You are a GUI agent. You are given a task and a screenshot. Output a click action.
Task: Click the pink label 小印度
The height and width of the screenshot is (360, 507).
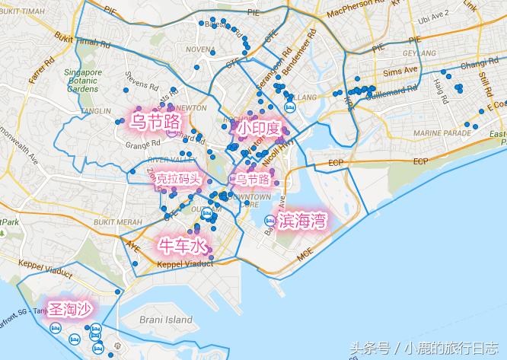pyautogui.click(x=258, y=129)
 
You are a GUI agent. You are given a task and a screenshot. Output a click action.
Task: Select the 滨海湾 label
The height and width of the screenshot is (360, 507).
pyautogui.click(x=302, y=221)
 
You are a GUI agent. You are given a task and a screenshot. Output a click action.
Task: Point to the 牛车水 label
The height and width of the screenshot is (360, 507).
pyautogui.click(x=181, y=246)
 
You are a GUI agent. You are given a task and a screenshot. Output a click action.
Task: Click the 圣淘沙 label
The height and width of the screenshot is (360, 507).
pyautogui.click(x=70, y=309)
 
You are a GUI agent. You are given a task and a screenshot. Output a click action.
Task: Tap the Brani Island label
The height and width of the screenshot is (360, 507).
pyautogui.click(x=167, y=320)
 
